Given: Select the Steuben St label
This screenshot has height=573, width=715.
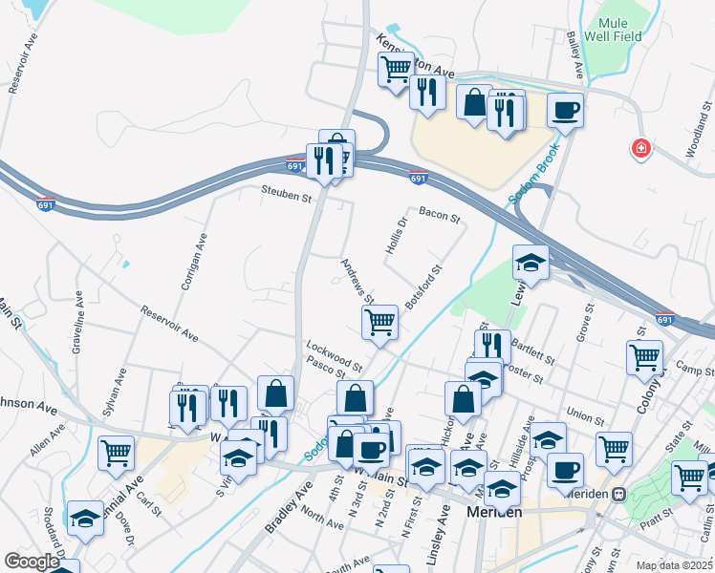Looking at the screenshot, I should click(x=288, y=198).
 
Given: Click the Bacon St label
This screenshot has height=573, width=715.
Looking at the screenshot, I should click(x=439, y=215).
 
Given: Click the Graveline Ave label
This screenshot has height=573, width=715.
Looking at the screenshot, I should click(x=77, y=325).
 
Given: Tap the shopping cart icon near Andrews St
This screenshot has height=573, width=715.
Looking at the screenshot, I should click(x=380, y=322).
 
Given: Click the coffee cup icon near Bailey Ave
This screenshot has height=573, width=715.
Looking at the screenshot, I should click(x=565, y=109).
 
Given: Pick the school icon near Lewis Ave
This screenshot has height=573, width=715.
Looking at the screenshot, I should click(x=531, y=261).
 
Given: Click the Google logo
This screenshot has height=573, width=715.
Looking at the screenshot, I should click(x=31, y=562).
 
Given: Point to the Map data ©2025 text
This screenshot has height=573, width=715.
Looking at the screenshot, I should click(x=674, y=565).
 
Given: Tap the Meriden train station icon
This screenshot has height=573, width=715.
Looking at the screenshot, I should click(x=618, y=494).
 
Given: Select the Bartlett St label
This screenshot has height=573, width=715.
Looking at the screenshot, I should click(x=533, y=350).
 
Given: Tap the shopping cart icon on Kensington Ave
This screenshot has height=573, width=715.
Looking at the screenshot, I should click(x=395, y=68).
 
